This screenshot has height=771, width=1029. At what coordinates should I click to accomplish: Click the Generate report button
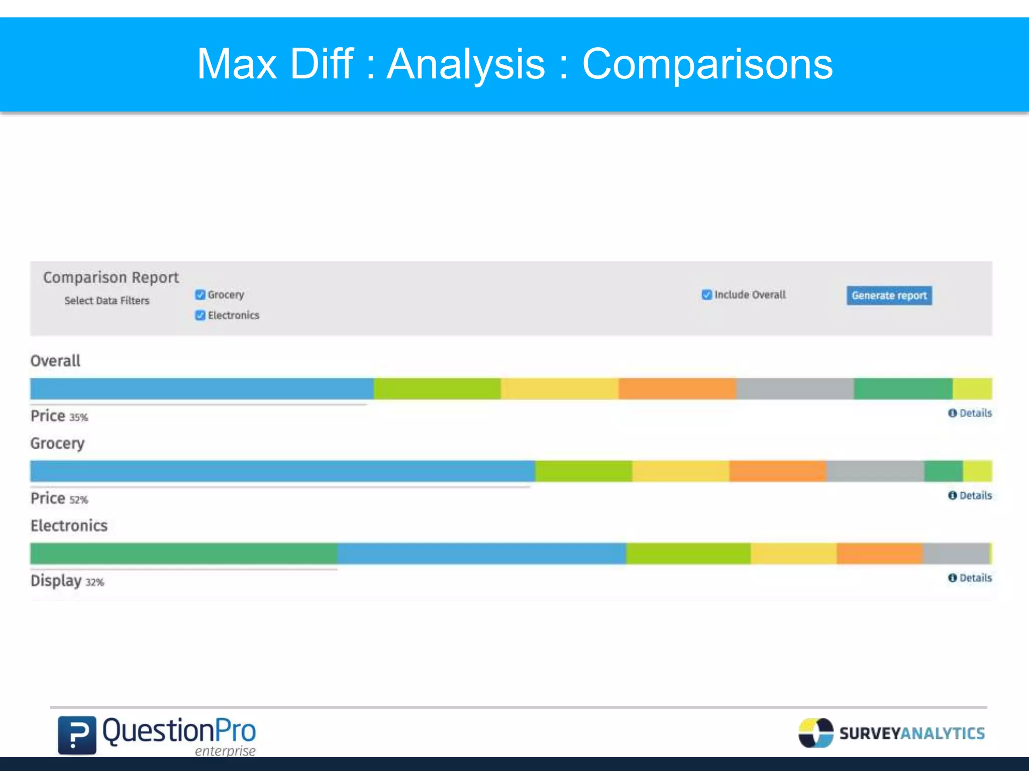tap(889, 296)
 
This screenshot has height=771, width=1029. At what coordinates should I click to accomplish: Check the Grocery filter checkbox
tap(200, 295)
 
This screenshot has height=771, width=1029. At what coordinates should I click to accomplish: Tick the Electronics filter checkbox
tap(200, 315)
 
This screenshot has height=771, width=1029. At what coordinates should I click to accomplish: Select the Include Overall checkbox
tap(707, 295)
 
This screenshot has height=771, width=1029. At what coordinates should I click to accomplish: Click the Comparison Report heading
tap(111, 277)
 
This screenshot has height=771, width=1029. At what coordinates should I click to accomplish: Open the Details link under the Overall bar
tap(970, 413)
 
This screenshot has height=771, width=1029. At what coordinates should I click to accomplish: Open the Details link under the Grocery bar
tap(970, 495)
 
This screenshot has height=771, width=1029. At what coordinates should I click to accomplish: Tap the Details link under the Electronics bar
tap(970, 578)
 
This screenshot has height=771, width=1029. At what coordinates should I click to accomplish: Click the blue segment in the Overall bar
tap(201, 389)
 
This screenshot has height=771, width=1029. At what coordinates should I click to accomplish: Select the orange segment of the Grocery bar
tap(777, 471)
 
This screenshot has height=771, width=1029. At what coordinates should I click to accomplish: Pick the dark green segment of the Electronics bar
tap(183, 554)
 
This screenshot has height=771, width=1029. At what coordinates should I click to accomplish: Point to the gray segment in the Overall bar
tap(795, 389)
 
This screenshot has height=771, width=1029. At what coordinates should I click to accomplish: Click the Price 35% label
tap(59, 416)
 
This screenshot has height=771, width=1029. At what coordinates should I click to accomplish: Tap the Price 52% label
tap(59, 498)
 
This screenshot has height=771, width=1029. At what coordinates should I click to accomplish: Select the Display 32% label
tap(67, 581)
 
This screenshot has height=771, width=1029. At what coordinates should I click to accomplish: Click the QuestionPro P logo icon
tap(77, 735)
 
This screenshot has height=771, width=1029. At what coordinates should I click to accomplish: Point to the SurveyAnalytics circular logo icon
tap(815, 733)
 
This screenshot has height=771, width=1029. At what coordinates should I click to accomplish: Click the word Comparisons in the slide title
tap(707, 64)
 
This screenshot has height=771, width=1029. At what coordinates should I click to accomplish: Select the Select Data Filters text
tap(107, 301)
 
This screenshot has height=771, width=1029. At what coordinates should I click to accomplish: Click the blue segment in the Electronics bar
tap(481, 554)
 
